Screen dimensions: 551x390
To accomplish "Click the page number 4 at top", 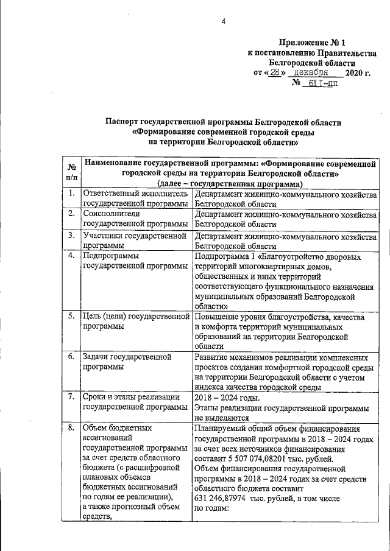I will tap(223, 22).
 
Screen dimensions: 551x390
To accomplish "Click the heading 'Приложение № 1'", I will tap(311, 43).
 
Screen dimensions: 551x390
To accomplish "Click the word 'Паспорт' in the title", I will tap(124, 122).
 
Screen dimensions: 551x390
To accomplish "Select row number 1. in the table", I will tap(71, 194).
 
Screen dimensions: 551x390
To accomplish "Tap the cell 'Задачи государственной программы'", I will tap(122, 362).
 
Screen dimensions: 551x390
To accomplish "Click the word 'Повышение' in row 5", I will tap(217, 317).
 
